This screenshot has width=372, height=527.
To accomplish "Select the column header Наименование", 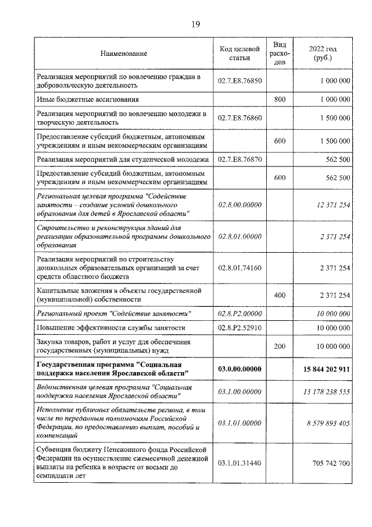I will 124,54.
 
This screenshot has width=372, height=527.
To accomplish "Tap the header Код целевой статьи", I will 239,54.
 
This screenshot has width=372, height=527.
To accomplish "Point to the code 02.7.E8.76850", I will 239,80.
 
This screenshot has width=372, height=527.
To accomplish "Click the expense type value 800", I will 280,100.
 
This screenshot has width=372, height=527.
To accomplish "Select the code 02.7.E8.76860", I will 239,118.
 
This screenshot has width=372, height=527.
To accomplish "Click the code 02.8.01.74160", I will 239,267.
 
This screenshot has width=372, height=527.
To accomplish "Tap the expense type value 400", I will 280,295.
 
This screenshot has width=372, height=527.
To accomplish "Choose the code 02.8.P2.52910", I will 239,328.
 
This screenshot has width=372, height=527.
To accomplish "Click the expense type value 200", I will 280,346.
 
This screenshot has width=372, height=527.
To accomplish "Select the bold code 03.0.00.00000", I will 239,369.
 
